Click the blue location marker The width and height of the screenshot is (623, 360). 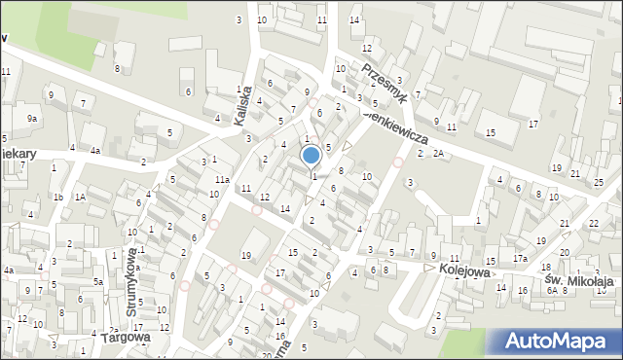311,155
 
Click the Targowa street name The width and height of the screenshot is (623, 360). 126,338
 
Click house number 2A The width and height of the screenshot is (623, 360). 438,153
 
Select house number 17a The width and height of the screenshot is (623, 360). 521,258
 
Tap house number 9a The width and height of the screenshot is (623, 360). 32,119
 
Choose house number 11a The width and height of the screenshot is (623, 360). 222,180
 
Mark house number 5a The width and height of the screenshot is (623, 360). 97,282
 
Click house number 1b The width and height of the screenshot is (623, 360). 57,198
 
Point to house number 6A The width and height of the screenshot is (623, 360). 552,290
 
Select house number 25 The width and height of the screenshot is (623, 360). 599,183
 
